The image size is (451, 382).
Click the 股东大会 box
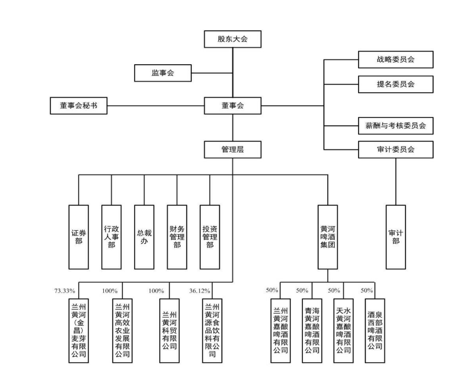pos(232,39)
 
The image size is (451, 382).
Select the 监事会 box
pos(163,73)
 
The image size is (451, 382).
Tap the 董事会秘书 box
pos(78,106)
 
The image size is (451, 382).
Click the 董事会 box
pos(232,106)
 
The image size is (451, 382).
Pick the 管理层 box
pos(232,149)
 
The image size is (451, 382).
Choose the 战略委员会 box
pos(395,60)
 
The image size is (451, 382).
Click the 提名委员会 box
pos(395,84)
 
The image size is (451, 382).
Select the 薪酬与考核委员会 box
pos(395,126)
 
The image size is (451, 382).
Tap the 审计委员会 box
pos(395,150)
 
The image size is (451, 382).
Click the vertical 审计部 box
pos(395,236)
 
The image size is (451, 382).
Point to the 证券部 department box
pos(78,236)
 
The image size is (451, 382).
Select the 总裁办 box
pos(144,236)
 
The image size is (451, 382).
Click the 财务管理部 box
pos(177,236)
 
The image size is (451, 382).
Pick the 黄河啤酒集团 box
pos(327,236)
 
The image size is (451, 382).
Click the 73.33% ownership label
pos(65,290)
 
